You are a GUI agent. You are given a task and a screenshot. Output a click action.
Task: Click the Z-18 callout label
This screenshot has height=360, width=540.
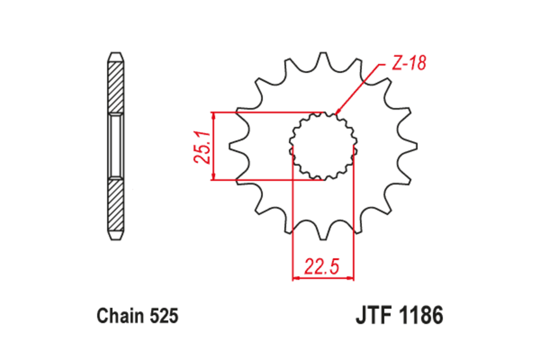[x=408, y=64]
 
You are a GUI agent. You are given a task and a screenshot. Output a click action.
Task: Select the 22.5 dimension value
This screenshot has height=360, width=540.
[x=322, y=267]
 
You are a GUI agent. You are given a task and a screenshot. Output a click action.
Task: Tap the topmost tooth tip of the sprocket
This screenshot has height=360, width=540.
[x=323, y=54]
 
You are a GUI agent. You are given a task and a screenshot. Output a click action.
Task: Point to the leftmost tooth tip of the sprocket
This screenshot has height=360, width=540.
[x=230, y=146]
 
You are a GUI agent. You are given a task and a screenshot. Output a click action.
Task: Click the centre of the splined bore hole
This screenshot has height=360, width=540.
[x=323, y=146]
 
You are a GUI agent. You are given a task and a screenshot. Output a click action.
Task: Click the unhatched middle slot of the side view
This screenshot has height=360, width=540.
[x=115, y=146]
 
